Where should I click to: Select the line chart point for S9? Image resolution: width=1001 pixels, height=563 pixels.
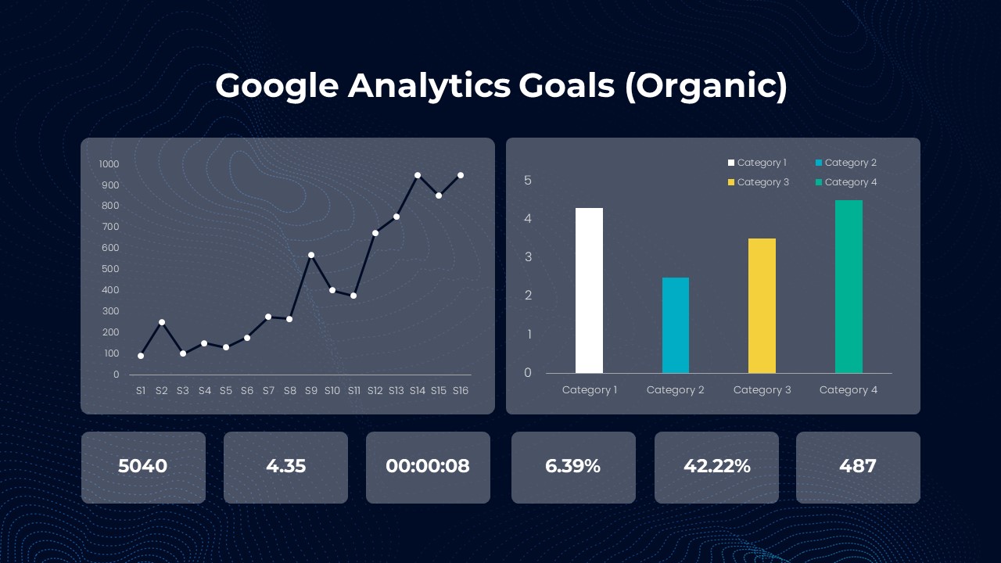[311, 255]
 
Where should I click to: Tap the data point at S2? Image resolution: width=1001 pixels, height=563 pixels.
[162, 322]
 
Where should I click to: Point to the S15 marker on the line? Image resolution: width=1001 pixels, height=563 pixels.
[439, 195]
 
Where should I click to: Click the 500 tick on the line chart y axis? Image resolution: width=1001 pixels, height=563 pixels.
[110, 269]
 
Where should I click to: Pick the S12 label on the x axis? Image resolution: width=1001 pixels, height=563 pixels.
[375, 390]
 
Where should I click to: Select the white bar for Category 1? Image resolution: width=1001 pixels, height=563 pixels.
[589, 290]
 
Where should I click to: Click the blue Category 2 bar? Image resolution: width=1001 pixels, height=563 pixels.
[676, 325]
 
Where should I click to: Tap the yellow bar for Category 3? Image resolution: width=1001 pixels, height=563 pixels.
[762, 306]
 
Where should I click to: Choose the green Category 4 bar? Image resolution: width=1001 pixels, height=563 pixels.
[849, 286]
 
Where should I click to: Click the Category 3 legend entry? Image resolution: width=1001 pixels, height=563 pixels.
[759, 182]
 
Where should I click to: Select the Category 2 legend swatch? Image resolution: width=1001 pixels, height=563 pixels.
[819, 163]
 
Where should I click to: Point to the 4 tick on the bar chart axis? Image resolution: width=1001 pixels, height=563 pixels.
[528, 218]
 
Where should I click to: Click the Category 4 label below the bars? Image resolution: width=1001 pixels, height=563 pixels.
[849, 390]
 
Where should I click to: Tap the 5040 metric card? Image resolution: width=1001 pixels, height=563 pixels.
[143, 468]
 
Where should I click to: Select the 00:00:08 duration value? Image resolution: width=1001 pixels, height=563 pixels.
[428, 466]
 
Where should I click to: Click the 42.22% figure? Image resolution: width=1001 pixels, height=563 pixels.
[717, 466]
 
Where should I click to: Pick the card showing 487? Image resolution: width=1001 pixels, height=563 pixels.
[858, 468]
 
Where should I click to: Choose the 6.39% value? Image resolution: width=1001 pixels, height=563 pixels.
[573, 466]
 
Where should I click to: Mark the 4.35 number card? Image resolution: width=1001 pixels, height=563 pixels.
[285, 468]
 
